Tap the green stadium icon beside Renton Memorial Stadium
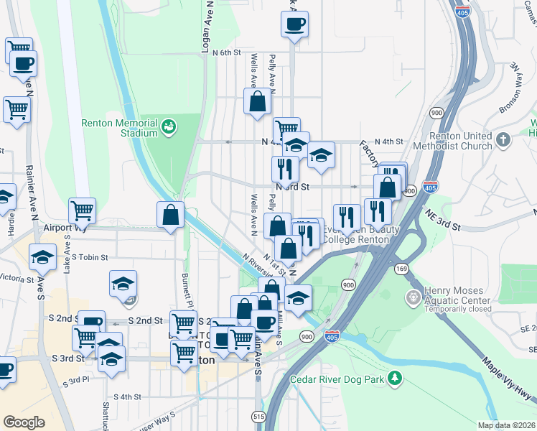[169, 128]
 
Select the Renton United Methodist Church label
[461, 141]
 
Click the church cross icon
[503, 139]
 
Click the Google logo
[24, 422]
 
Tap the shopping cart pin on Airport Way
[83, 210]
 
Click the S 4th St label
[127, 397]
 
